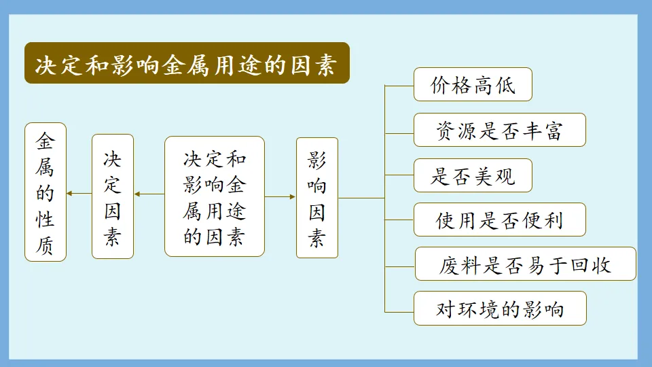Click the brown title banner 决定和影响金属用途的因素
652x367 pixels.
click(x=187, y=63)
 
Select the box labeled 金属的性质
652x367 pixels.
click(x=46, y=192)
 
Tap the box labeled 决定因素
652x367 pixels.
click(x=113, y=196)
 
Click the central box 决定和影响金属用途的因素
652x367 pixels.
click(x=215, y=196)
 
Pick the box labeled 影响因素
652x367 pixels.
click(x=317, y=197)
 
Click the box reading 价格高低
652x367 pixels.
click(x=473, y=85)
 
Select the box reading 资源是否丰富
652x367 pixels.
click(x=499, y=130)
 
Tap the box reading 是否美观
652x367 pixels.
click(x=473, y=175)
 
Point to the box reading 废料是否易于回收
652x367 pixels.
click(x=525, y=264)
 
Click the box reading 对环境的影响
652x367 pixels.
click(x=499, y=309)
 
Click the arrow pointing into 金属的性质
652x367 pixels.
click(x=79, y=194)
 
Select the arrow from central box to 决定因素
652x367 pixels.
click(x=149, y=194)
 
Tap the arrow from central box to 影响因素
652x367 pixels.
click(x=280, y=196)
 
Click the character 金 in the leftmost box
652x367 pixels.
click(x=46, y=141)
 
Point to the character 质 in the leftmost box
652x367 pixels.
click(x=46, y=245)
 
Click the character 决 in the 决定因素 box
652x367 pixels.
click(x=113, y=160)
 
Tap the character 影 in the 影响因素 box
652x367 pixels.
click(x=317, y=160)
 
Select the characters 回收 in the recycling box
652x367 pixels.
click(x=592, y=264)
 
